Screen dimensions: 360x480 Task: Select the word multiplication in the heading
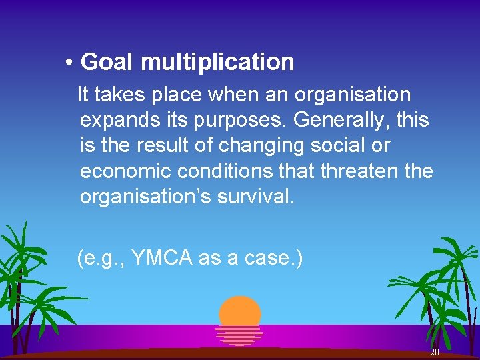[217, 62]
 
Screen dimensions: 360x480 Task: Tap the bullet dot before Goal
[69, 63]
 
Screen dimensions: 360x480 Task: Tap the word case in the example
[263, 257]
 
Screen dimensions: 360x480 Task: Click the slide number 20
[435, 352]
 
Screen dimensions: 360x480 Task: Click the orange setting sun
[240, 311]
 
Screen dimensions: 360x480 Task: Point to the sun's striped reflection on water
[239, 335]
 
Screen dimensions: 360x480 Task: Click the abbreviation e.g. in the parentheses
[103, 257]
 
